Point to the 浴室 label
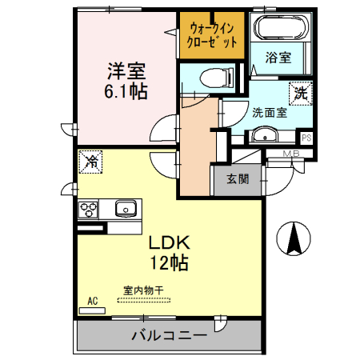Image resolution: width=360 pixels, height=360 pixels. tap(278, 58)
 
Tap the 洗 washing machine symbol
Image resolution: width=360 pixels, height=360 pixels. tap(300, 93)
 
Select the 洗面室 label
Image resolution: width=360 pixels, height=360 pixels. tap(270, 112)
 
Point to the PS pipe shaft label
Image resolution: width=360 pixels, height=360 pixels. tap(306, 138)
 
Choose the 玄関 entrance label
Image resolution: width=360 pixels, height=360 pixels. tap(236, 178)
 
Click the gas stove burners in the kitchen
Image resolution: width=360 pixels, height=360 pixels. tap(88, 210)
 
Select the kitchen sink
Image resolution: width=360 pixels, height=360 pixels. tap(126, 210)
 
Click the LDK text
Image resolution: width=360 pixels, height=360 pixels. tap(168, 242)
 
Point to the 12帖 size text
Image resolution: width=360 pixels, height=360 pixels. tap(168, 262)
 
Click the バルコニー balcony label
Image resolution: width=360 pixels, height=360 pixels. tap(170, 335)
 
